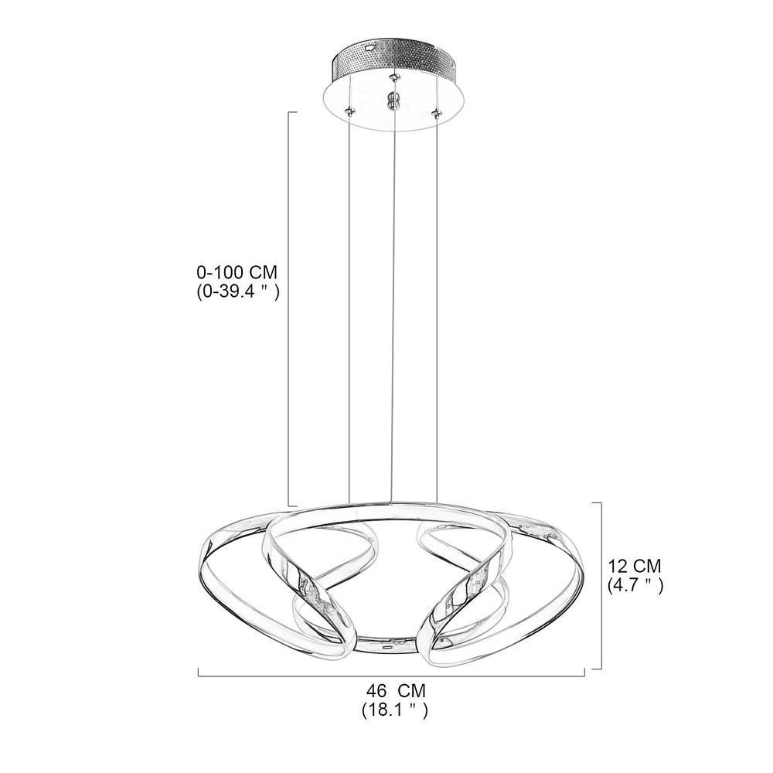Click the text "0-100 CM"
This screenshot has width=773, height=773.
[x=237, y=272]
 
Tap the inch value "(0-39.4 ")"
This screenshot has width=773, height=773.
[x=238, y=292]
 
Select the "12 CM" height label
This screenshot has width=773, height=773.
[x=635, y=566]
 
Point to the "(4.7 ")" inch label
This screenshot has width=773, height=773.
[x=635, y=585]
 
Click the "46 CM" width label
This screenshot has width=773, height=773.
[x=395, y=690]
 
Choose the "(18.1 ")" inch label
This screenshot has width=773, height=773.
[x=394, y=710]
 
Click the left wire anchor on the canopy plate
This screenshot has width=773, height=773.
[x=349, y=111]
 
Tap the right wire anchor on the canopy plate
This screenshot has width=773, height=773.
[x=435, y=114]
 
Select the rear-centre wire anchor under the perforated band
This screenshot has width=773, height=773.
[x=393, y=77]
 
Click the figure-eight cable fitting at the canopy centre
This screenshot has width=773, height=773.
[x=392, y=100]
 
